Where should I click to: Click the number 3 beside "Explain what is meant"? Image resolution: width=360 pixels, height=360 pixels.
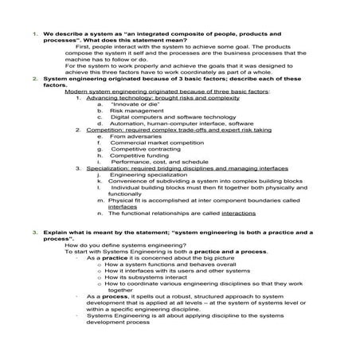[x=36, y=232]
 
